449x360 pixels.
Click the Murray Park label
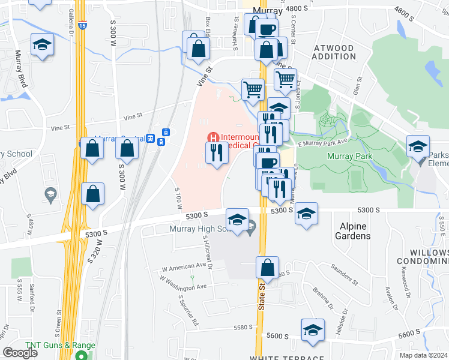pos(349,157)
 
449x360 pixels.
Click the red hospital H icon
pos(212,137)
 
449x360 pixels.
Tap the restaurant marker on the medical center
pos(217,154)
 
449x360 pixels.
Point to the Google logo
pos(20,352)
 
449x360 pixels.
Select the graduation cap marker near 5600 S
pos(312,331)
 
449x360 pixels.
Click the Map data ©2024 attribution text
pos(423,355)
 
